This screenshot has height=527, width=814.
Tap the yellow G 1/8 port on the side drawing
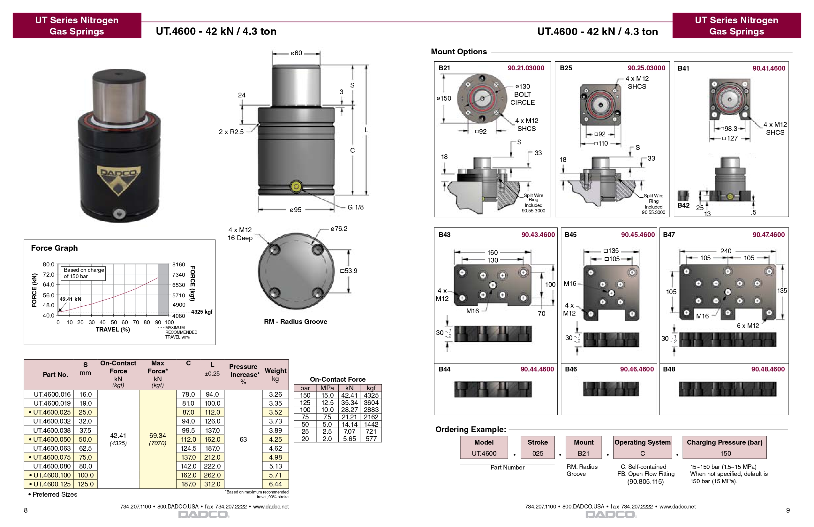point(296,187)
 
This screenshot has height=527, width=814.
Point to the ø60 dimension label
point(296,53)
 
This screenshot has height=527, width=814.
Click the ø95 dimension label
point(296,210)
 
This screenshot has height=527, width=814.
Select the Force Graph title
point(54,248)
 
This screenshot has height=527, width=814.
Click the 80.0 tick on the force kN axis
point(48,264)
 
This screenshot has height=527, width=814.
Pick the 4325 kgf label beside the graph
point(201,312)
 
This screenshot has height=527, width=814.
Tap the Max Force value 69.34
point(157,435)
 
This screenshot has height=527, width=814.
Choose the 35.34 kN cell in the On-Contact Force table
point(349,402)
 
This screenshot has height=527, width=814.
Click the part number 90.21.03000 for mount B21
point(526,68)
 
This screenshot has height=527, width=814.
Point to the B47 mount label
point(669,235)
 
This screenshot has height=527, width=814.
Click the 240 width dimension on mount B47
point(726,251)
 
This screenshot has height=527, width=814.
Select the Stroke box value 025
point(538,454)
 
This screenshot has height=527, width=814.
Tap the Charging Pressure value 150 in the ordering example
point(725,454)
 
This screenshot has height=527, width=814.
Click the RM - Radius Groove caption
point(296,321)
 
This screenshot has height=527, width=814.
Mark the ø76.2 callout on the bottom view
point(339,229)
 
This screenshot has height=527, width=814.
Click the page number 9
point(788,510)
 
